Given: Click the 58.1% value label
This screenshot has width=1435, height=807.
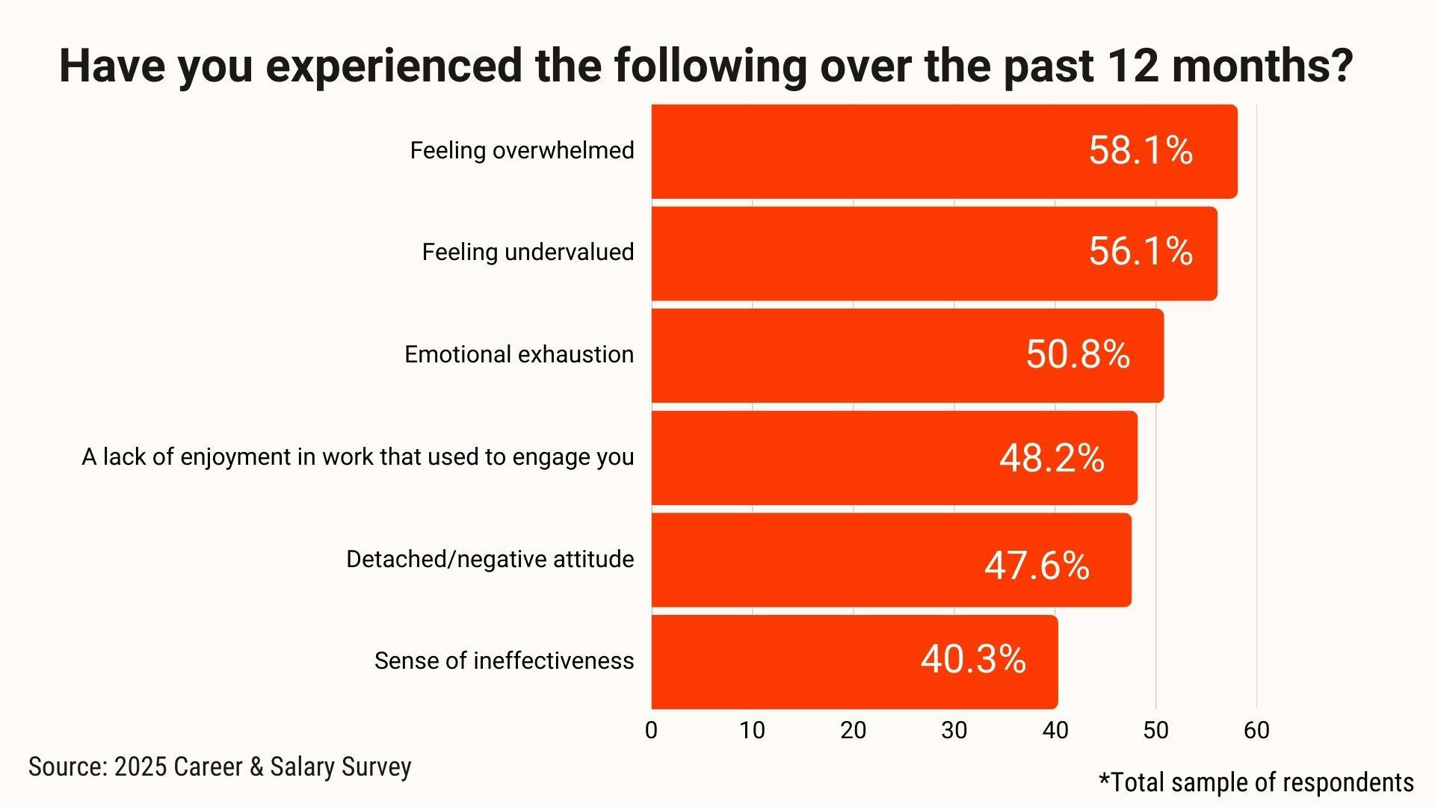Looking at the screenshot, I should (x=1140, y=150).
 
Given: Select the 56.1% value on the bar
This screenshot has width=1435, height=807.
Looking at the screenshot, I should (x=1140, y=251).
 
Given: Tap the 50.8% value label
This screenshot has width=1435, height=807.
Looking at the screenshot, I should (x=1077, y=354).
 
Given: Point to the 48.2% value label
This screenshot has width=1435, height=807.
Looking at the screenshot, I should (x=1052, y=458).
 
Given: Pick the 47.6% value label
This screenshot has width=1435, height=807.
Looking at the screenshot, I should (x=1037, y=566).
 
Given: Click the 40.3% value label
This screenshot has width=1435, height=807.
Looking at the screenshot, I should (x=973, y=659).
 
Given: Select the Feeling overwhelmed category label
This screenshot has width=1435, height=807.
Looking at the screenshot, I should (x=522, y=151).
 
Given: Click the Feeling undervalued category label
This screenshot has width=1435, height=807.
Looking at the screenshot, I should (x=528, y=253).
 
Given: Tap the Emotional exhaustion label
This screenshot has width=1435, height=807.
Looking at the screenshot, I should (x=519, y=355).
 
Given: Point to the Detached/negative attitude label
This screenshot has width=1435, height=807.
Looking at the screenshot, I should (x=490, y=560).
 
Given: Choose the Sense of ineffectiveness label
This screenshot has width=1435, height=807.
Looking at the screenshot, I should (x=504, y=661).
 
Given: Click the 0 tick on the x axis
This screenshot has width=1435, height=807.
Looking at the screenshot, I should (x=651, y=730).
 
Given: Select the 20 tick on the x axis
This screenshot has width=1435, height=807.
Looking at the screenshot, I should (x=853, y=730).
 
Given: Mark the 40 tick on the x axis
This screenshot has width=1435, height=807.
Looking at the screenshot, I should (x=1055, y=730).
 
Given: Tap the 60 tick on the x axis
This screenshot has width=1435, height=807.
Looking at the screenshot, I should (x=1256, y=730).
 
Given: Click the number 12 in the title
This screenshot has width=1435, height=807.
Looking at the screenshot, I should (x=1129, y=66).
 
